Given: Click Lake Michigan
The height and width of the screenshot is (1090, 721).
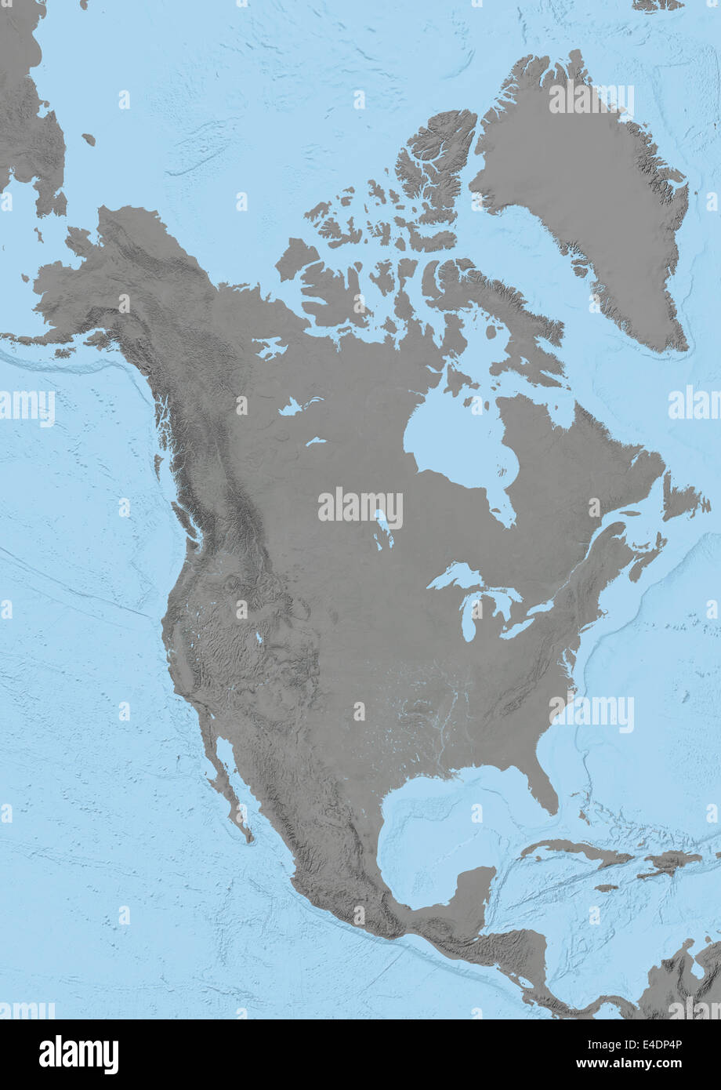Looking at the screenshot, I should coord(470,619).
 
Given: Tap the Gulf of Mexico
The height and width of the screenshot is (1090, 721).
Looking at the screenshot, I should coord(439,816).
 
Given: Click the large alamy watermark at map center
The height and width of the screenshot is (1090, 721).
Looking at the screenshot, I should coord(360,508).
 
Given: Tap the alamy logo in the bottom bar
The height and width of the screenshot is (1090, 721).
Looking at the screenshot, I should coord(78,1055).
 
